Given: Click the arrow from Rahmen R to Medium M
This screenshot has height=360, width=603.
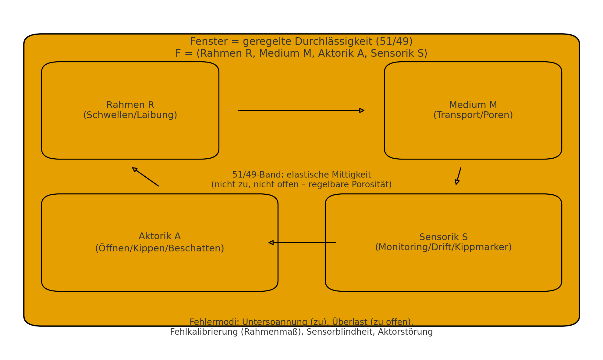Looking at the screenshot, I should point(301,110).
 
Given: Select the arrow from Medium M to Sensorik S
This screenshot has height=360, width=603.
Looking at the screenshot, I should point(458,176).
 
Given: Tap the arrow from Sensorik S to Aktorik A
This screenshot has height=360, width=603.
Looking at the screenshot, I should point(302,243).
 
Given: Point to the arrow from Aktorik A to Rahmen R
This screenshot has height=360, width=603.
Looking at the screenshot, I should point(145,177).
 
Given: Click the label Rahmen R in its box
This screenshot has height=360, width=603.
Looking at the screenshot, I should point(130,105).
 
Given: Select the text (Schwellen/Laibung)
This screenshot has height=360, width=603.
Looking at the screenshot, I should point(130,115).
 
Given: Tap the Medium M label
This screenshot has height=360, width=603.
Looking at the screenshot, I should point(473,105).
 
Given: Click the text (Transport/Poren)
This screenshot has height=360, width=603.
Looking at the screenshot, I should point(473,115).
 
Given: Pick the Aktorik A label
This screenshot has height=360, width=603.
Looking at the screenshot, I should point(160,236).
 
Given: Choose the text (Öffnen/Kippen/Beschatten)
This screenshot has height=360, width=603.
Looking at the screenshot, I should point(160,248).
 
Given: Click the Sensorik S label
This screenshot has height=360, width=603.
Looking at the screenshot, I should point(443,237).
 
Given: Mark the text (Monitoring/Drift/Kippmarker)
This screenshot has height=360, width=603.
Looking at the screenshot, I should point(443,247).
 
